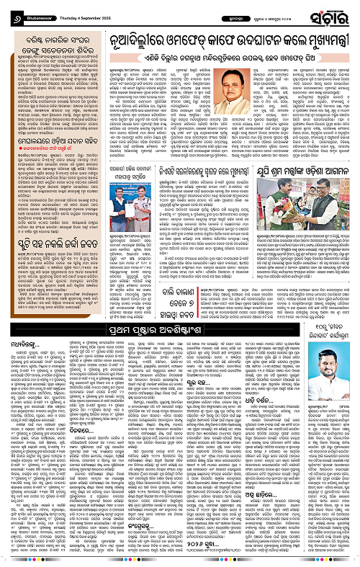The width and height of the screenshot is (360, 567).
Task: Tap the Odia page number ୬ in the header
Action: (x=7, y=12)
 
